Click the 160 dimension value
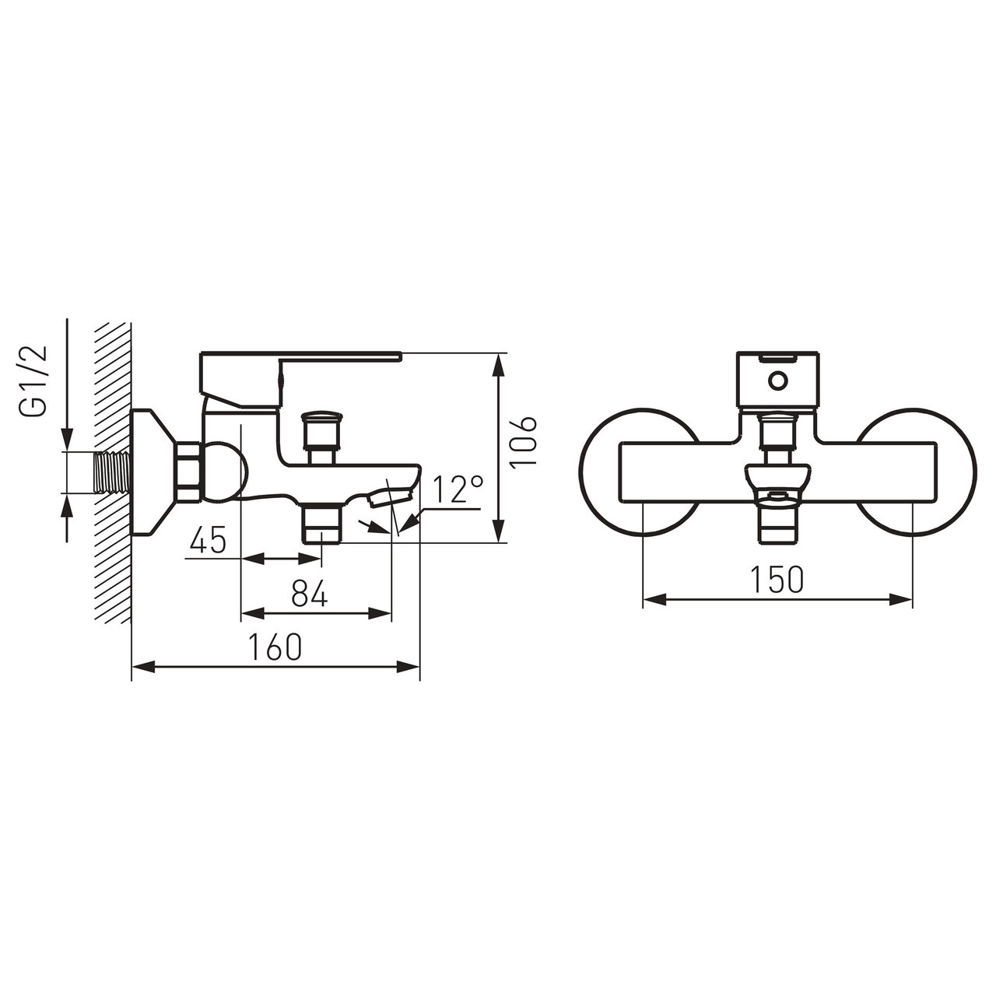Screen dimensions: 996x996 (275, 647)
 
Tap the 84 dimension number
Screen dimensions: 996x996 (310, 593)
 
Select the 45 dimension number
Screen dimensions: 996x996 (208, 539)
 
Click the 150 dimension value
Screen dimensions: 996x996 (777, 579)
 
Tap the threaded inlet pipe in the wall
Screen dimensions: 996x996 (111, 473)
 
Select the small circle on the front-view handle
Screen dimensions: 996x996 (777, 381)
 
